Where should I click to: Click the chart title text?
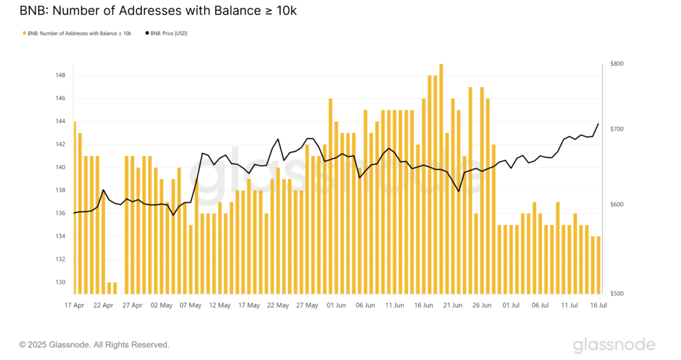(x=158, y=11)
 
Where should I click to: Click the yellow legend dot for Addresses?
(x=24, y=33)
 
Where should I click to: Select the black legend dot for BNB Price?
(x=147, y=33)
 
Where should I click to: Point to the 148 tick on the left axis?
(x=60, y=75)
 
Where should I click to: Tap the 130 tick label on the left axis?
(x=60, y=282)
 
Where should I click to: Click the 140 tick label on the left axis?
(x=60, y=168)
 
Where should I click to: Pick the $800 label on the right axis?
(x=617, y=64)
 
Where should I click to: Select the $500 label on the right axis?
(x=617, y=293)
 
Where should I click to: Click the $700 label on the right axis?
(x=617, y=129)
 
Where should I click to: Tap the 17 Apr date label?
(x=74, y=305)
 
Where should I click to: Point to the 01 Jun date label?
(x=336, y=305)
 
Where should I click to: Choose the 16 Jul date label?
(x=599, y=305)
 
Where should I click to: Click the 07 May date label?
(x=191, y=305)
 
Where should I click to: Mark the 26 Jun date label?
(x=482, y=305)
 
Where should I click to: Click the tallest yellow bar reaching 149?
(x=441, y=177)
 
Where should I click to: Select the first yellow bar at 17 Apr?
(x=74, y=208)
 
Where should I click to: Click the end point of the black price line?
(x=598, y=124)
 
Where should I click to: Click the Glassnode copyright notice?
(x=94, y=344)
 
